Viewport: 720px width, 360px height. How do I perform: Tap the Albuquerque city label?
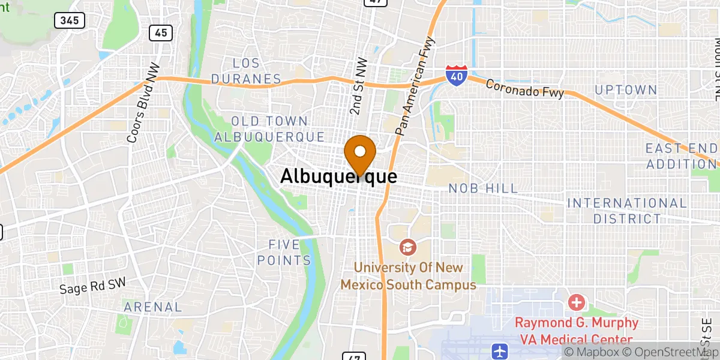(x=338, y=176)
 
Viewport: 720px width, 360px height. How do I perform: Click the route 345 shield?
(x=69, y=20)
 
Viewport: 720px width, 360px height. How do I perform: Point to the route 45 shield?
(x=161, y=32)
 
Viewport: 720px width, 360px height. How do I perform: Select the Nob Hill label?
(x=483, y=188)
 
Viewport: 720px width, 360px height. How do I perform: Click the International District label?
(x=627, y=211)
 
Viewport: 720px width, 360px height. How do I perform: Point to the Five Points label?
(x=290, y=253)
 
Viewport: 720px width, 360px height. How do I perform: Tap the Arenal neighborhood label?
(x=152, y=307)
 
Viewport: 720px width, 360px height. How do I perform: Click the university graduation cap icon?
(x=407, y=247)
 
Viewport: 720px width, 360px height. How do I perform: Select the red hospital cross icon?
(x=576, y=302)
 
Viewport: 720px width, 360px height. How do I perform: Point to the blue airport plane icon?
(x=499, y=351)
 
